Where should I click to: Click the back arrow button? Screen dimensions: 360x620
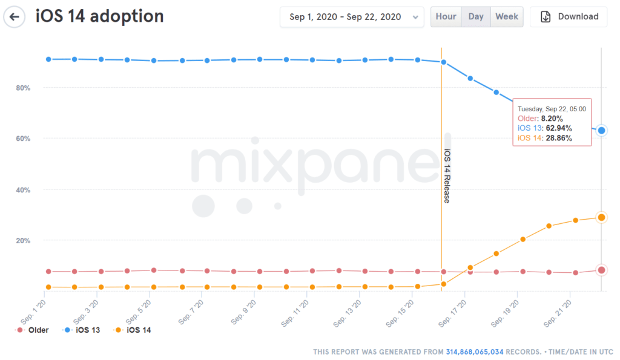point(15,17)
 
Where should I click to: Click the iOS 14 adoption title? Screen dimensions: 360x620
point(100,16)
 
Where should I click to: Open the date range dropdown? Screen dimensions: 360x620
point(352,17)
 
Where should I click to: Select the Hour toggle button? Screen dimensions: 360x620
point(446,17)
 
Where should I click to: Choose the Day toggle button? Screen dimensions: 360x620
point(476,17)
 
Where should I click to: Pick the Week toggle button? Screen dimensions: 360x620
point(507,17)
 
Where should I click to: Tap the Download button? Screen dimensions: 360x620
point(569,17)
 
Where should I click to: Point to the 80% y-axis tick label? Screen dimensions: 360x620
point(22,88)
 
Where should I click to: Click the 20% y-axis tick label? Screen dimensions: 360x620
point(22,240)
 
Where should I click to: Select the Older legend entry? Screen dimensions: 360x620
point(33,330)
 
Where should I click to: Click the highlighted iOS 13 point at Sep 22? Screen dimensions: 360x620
point(601,131)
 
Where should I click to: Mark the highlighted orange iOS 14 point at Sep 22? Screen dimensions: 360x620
point(601,217)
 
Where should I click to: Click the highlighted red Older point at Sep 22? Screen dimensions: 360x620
point(601,270)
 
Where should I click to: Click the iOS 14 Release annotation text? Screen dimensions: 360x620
point(447,176)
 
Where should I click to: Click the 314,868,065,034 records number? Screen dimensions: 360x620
point(474,352)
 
